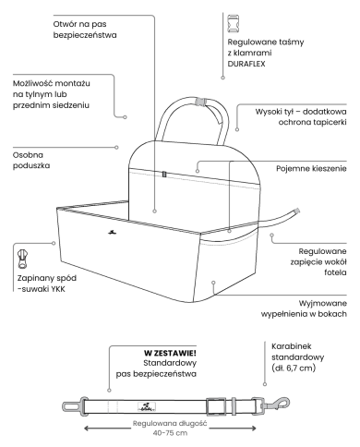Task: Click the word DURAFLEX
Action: pos(246,64)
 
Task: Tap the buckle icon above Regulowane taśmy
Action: pos(233,23)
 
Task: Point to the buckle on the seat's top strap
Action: pos(201,102)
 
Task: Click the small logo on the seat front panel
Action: pos(113,232)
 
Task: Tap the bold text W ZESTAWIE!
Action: pos(170,353)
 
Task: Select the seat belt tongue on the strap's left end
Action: pos(71,406)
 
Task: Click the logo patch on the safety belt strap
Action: pos(147,406)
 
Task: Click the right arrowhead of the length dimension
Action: pos(253,429)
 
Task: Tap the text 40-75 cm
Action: pos(170,433)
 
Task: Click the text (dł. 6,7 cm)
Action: pos(294,368)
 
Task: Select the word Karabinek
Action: pos(287,346)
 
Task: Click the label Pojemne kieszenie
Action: pos(311,169)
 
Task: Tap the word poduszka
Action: pos(31,165)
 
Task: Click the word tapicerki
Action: pos(330,122)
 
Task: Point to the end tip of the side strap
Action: pos(297,211)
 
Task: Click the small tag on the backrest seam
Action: pos(164,175)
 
